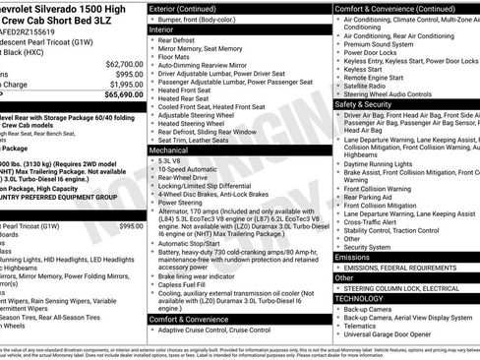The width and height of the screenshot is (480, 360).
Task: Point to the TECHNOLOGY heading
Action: coord(360,298)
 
